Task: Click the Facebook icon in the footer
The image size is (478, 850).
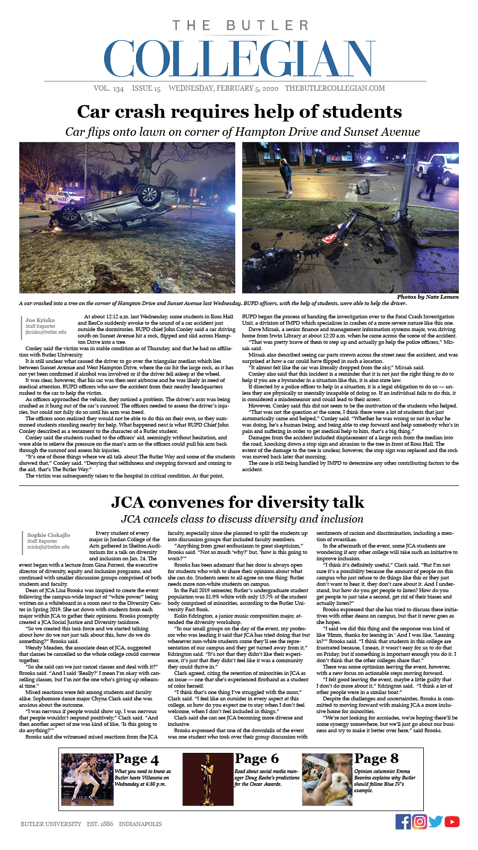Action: pyautogui.click(x=403, y=821)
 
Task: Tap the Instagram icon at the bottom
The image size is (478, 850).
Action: pyautogui.click(x=420, y=821)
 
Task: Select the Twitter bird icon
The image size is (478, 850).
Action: pyautogui.click(x=436, y=821)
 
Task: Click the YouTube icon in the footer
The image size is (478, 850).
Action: pyautogui.click(x=452, y=821)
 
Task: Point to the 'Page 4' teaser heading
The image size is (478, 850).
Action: pyautogui.click(x=136, y=759)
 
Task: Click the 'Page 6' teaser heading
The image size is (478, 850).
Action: pyautogui.click(x=257, y=759)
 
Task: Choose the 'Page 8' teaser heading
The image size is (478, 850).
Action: pyautogui.click(x=377, y=759)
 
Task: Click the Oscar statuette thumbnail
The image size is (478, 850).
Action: pyautogui.click(x=207, y=778)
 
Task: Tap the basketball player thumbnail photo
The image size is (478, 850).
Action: pyautogui.click(x=87, y=778)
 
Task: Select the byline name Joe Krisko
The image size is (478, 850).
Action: pyautogui.click(x=40, y=320)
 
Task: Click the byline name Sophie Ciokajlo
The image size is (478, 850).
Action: pyautogui.click(x=48, y=535)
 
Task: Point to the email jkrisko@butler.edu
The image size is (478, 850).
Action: pyautogui.click(x=46, y=332)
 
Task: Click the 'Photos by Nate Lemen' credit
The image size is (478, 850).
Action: pyautogui.click(x=428, y=297)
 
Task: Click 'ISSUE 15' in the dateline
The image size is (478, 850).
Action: pyautogui.click(x=146, y=89)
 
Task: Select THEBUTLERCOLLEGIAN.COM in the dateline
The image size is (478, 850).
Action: pyautogui.click(x=335, y=89)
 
